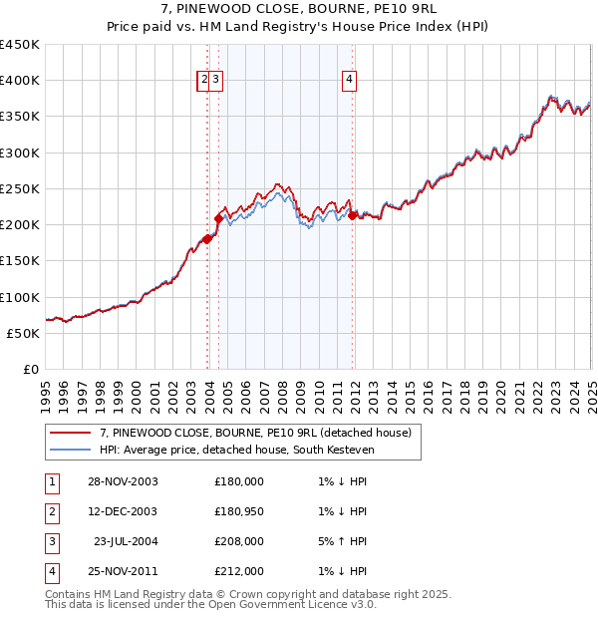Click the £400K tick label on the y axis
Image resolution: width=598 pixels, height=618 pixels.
pos(19,81)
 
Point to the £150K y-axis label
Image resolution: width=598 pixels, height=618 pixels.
pos(19,261)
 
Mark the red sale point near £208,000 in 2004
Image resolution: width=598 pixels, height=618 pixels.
pos(218,217)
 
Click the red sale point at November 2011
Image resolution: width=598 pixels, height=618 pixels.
pos(352,214)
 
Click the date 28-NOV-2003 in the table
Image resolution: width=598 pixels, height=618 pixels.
pos(123,481)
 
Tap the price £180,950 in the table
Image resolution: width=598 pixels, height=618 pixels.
pos(239,511)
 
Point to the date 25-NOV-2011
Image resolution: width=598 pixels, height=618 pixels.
pos(123,571)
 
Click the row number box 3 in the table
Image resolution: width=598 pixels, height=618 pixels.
pos(50,541)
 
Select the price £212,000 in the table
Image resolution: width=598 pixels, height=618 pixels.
pos(239,571)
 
